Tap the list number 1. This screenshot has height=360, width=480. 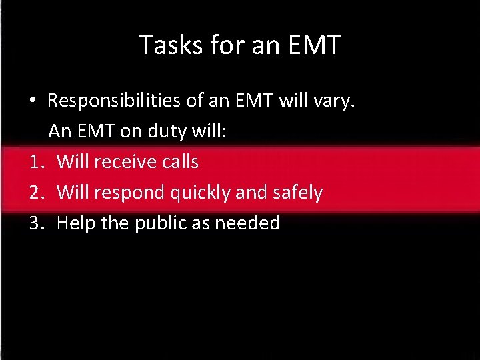tap(35, 161)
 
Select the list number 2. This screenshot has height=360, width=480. tap(35, 193)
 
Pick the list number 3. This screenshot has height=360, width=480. tap(35, 223)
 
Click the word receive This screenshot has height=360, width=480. tap(123, 161)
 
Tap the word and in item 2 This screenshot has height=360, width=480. tap(251, 193)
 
